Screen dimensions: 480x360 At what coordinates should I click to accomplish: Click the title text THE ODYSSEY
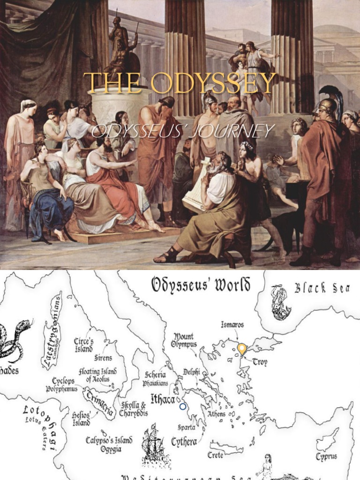point(180,83)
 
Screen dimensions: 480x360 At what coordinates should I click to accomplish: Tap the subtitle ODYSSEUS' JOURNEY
point(183,131)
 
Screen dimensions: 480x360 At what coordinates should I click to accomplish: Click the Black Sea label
point(322,288)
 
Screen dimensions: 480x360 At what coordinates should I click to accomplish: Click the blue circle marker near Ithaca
point(183,406)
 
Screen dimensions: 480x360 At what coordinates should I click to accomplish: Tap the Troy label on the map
point(260,362)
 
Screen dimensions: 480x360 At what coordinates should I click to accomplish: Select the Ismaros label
point(232,324)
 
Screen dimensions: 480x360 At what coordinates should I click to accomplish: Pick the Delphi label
point(192,372)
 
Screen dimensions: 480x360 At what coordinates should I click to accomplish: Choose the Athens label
point(217,414)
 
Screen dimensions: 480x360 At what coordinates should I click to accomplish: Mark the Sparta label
point(186,427)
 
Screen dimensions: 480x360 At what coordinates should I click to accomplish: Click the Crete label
point(216,455)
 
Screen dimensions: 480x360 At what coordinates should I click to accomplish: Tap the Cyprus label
point(326,456)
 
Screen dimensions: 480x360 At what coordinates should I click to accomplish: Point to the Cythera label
point(184,442)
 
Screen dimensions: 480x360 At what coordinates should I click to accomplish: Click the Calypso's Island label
point(109,441)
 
